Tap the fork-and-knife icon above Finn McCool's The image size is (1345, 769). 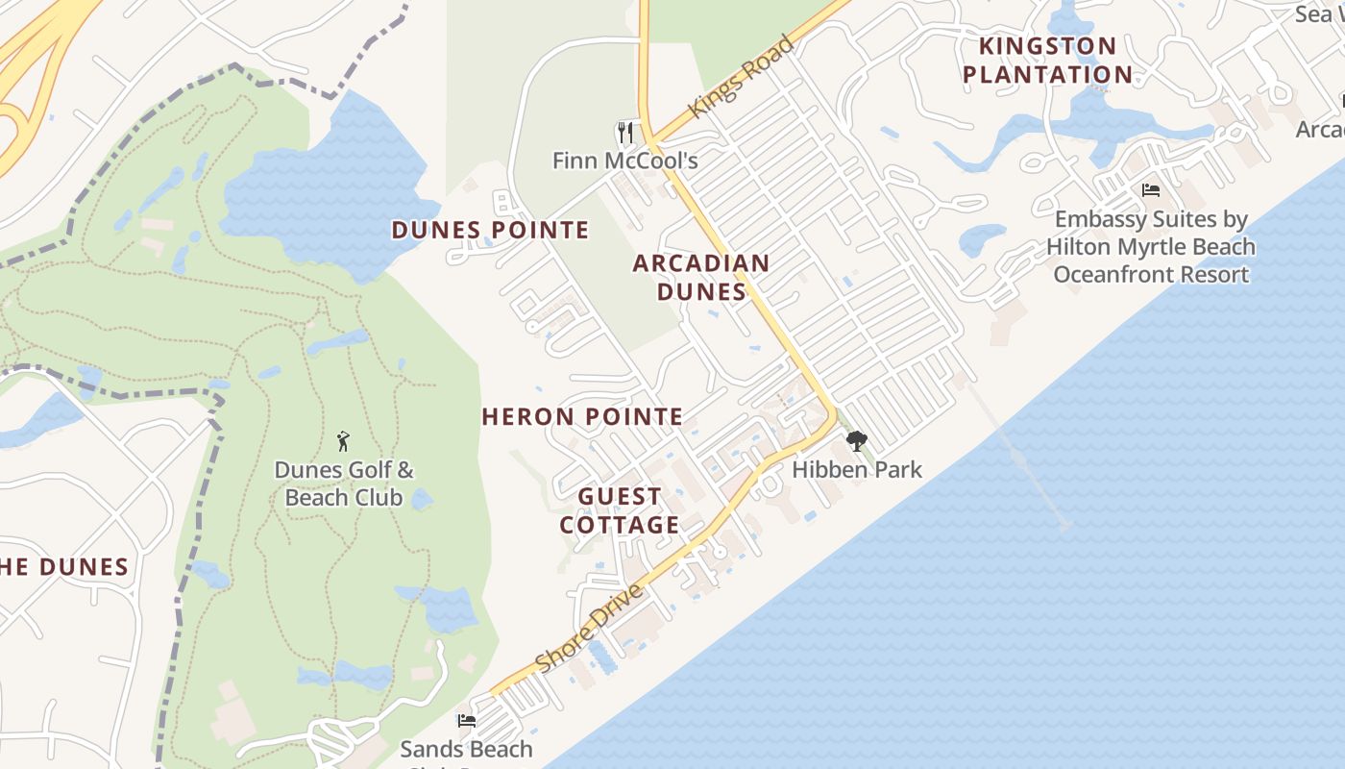[625, 131]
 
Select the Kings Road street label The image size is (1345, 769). [742, 77]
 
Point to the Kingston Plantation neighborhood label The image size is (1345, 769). [1047, 60]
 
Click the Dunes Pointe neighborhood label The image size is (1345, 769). [490, 230]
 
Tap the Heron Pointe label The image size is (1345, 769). [582, 416]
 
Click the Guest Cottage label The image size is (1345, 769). [620, 510]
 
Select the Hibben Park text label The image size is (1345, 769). [857, 470]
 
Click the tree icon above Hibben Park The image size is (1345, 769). [856, 441]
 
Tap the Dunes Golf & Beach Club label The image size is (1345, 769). [344, 484]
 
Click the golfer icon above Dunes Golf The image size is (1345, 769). [343, 441]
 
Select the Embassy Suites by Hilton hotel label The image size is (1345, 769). [1151, 247]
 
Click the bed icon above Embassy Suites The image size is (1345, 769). [1151, 190]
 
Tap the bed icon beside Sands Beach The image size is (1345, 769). [467, 720]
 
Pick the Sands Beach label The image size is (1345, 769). [466, 749]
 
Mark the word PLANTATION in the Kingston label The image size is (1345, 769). [1047, 74]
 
